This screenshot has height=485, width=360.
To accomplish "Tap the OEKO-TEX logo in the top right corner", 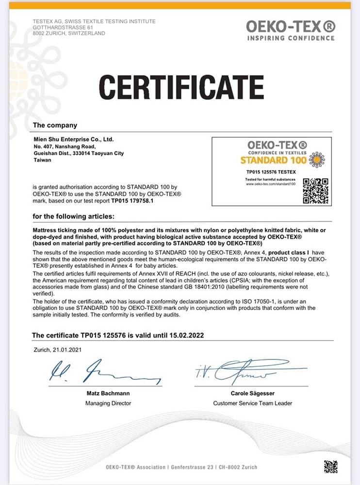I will [x=290, y=30].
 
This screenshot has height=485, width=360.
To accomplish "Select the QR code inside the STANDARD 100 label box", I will [x=315, y=190].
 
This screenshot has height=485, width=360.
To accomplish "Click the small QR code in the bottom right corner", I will [x=330, y=467].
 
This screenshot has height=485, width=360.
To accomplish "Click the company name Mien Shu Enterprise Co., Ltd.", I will [x=73, y=139].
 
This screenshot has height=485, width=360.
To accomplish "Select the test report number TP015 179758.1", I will [x=132, y=200].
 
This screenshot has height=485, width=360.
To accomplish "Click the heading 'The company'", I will [x=55, y=125].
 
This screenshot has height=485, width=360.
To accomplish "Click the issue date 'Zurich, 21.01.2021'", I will [x=58, y=349].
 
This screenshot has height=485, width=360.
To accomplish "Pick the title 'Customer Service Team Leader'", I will [x=252, y=403].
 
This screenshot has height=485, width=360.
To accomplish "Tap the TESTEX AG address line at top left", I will [x=94, y=21].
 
